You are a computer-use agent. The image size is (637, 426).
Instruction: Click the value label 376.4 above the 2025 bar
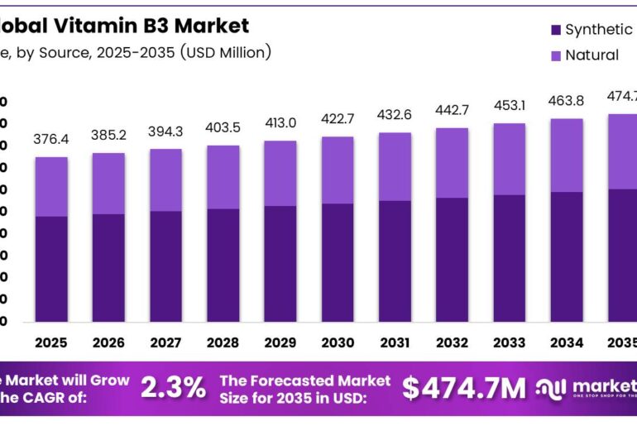pos(51,140)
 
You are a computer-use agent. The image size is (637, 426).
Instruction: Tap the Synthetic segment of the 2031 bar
pos(395,261)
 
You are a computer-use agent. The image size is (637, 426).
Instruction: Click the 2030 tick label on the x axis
pos(338,342)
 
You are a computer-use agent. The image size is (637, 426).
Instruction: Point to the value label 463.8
pos(567,102)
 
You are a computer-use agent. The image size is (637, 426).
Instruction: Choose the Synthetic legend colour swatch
pos(555,31)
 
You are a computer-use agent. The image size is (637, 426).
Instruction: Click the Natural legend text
pos(591,55)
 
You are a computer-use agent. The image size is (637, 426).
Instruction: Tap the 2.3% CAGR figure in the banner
pos(173,386)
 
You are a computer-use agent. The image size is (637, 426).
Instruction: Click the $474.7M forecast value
pos(464,386)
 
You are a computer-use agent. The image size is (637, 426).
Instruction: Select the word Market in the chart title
pos(209,26)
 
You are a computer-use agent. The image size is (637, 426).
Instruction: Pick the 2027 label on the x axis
pos(165,342)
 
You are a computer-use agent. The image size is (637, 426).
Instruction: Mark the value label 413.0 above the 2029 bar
pos(280,123)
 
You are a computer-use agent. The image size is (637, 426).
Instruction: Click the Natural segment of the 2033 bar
pos(510,159)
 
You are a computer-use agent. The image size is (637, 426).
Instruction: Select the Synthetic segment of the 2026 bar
pos(108,267)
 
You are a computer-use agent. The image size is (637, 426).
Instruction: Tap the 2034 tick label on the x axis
pos(567,342)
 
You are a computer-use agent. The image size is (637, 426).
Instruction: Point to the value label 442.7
pos(453,111)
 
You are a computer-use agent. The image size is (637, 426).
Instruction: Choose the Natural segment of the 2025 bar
pos(51,186)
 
